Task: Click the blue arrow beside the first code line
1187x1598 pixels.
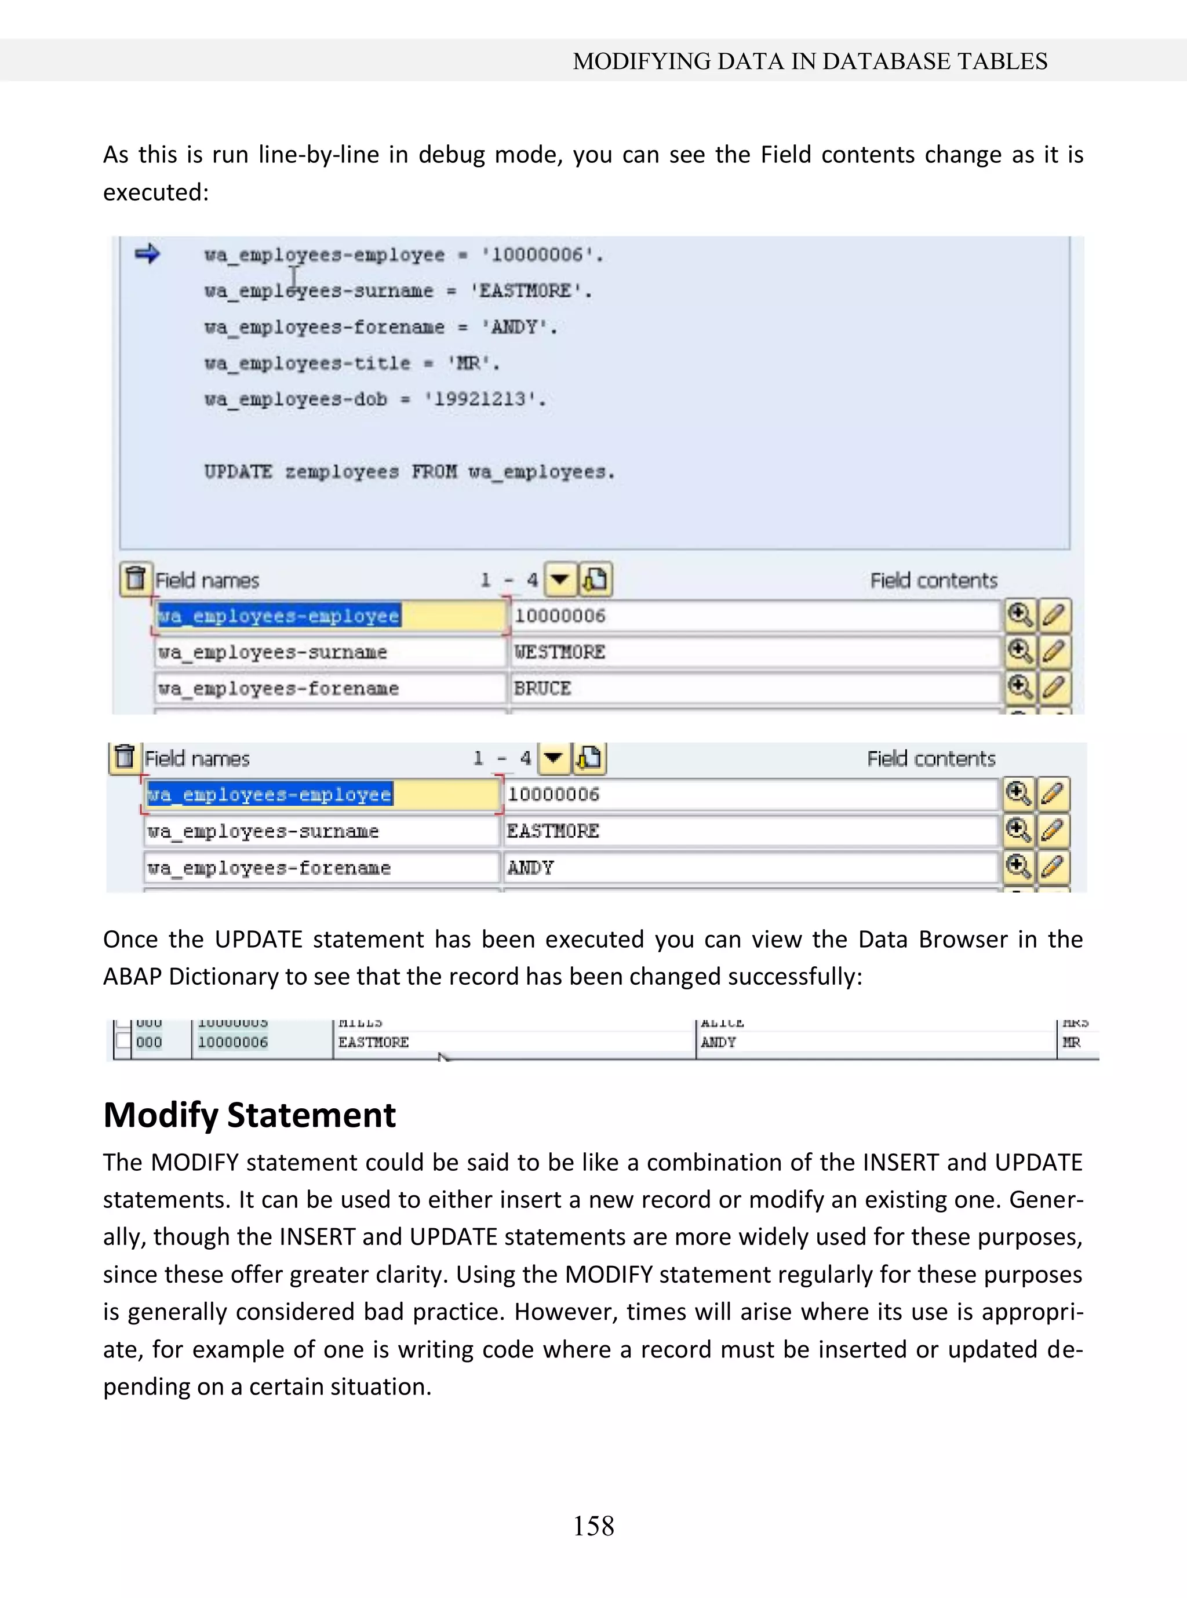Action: pos(147,254)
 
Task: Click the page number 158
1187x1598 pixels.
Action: pos(593,1526)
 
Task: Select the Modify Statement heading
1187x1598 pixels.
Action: pos(249,1115)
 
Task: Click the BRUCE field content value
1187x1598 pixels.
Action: pos(542,689)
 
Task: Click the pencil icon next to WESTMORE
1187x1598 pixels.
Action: pos(1053,651)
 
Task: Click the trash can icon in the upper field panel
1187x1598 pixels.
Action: pos(135,579)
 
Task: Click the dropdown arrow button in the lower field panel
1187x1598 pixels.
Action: pos(552,758)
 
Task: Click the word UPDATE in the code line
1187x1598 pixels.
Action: pos(238,472)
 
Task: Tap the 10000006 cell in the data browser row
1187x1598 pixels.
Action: pos(233,1042)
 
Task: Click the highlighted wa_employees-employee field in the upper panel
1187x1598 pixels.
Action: pos(279,616)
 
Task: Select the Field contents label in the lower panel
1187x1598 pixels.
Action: pos(930,759)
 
